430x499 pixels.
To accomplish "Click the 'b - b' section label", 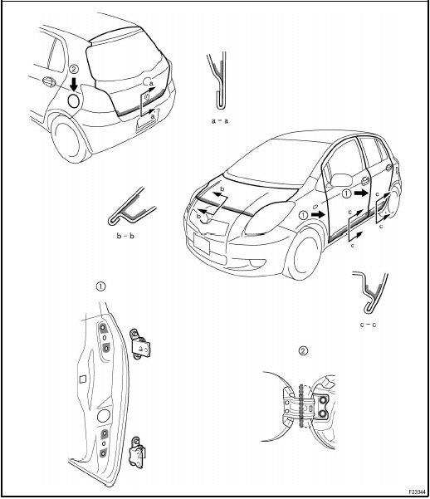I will [x=125, y=237].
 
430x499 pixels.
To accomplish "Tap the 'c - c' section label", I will [x=370, y=325].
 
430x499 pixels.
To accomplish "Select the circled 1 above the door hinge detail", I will [x=100, y=286].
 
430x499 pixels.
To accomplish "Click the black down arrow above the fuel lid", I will [x=74, y=84].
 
